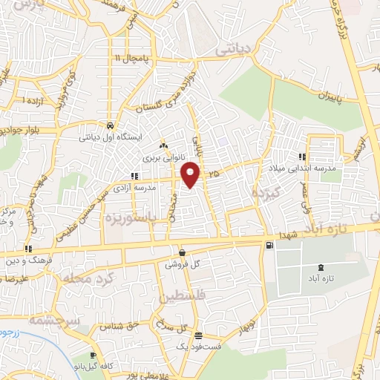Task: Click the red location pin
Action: tap(191, 174)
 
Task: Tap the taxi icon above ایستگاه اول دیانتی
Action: tap(110, 125)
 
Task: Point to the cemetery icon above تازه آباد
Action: tap(321, 266)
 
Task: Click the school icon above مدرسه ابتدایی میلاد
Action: tap(302, 157)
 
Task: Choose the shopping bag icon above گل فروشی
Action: tap(182, 252)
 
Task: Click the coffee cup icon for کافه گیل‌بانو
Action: tap(94, 355)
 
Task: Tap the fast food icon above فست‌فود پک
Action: tap(197, 335)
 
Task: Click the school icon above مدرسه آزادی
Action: tap(134, 176)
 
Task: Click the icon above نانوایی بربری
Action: tap(163, 146)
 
